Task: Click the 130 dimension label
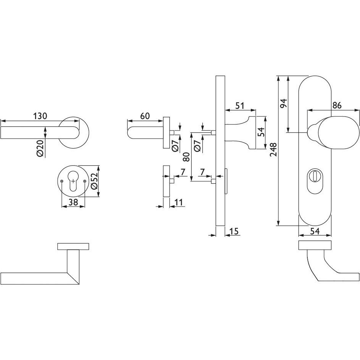click(40, 116)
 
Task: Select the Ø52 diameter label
click(94, 181)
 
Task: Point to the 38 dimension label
click(73, 202)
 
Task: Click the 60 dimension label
click(145, 116)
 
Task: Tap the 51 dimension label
click(240, 106)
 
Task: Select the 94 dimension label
click(284, 104)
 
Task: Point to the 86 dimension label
click(337, 105)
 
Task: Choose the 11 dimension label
click(178, 202)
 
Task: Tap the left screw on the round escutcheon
click(62, 181)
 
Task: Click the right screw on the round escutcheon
click(85, 181)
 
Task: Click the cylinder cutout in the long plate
click(315, 181)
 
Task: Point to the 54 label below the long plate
click(315, 231)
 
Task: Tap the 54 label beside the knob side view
click(261, 132)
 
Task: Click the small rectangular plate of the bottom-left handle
click(73, 246)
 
